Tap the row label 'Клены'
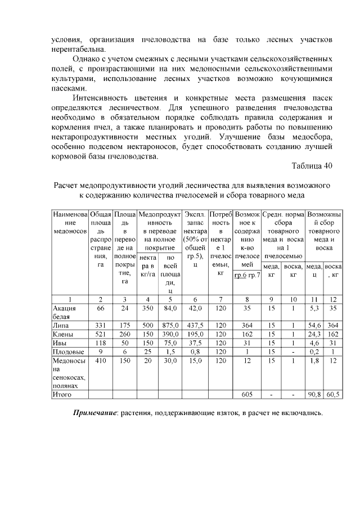pyautogui.click(x=63, y=336)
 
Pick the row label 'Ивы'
pyautogui.click(x=60, y=344)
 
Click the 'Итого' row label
pyautogui.click(x=62, y=395)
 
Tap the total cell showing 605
pyautogui.click(x=246, y=395)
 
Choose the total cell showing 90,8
pyautogui.click(x=314, y=395)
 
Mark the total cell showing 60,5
pyautogui.click(x=334, y=395)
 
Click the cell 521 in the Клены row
pyautogui.click(x=101, y=336)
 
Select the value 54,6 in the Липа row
pyautogui.click(x=314, y=326)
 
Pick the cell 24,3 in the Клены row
pyautogui.click(x=314, y=336)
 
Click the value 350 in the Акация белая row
pyautogui.click(x=148, y=309)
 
